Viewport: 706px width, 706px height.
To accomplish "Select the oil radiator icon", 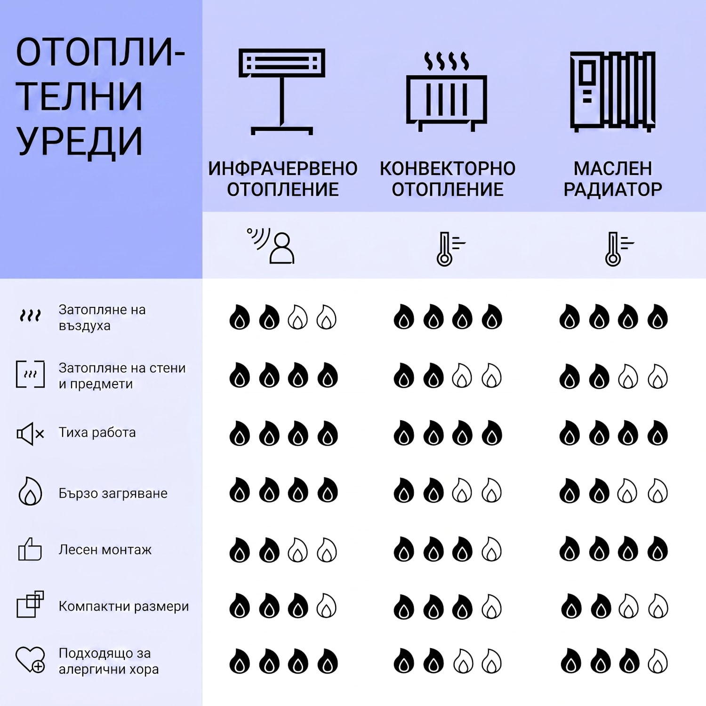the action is click(612, 91).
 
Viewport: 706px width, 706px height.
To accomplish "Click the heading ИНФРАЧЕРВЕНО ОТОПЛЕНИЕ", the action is click(283, 179).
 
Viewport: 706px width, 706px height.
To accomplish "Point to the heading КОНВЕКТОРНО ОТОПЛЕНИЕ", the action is click(448, 179).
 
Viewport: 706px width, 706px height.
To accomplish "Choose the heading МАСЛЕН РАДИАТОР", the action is click(613, 179).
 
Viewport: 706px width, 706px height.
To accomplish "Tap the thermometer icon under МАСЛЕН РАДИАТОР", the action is click(619, 249).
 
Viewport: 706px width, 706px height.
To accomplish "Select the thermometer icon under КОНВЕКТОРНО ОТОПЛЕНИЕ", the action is click(450, 249).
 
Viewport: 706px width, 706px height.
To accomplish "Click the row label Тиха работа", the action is click(97, 433).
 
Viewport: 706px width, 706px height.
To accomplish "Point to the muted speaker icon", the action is click(30, 433).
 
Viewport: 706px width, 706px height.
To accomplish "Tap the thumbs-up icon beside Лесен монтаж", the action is click(30, 549).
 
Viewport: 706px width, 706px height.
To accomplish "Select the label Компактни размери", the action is click(124, 606).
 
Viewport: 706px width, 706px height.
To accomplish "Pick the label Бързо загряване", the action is click(113, 493).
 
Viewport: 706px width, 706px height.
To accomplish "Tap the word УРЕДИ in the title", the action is click(79, 141).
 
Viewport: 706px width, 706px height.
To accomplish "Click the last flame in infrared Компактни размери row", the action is click(327, 606).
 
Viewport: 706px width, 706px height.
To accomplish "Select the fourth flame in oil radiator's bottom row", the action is click(658, 661).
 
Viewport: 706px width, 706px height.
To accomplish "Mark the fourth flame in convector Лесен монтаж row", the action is click(491, 549).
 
